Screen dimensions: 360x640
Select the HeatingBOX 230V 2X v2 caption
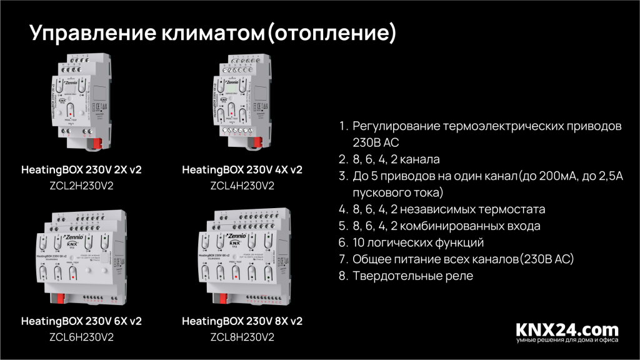coord(81,169)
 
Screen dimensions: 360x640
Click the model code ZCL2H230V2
coord(81,186)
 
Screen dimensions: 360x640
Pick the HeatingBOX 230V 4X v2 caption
coord(242,169)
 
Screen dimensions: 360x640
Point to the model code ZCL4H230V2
coord(242,186)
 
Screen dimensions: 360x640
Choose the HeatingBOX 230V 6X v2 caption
coord(81,321)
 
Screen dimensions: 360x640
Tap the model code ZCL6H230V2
coord(81,337)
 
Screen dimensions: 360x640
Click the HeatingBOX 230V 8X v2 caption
coord(242,321)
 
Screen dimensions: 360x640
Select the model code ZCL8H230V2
coord(242,337)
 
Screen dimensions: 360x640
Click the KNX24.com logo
coord(567,329)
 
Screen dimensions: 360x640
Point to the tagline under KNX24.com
coord(567,341)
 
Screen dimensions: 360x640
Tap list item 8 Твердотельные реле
coord(413,276)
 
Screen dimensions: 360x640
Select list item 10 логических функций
coord(418,242)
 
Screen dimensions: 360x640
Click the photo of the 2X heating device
coord(81,100)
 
